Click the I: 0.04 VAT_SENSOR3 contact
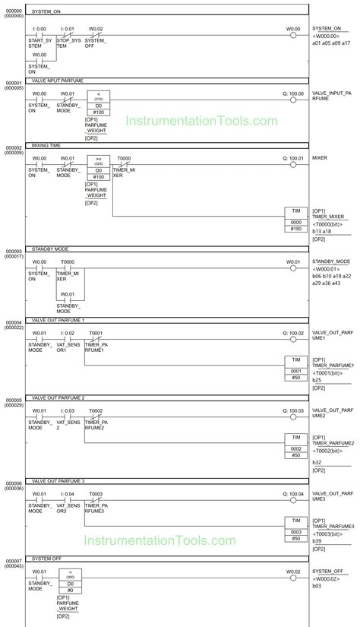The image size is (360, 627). pyautogui.click(x=68, y=499)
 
